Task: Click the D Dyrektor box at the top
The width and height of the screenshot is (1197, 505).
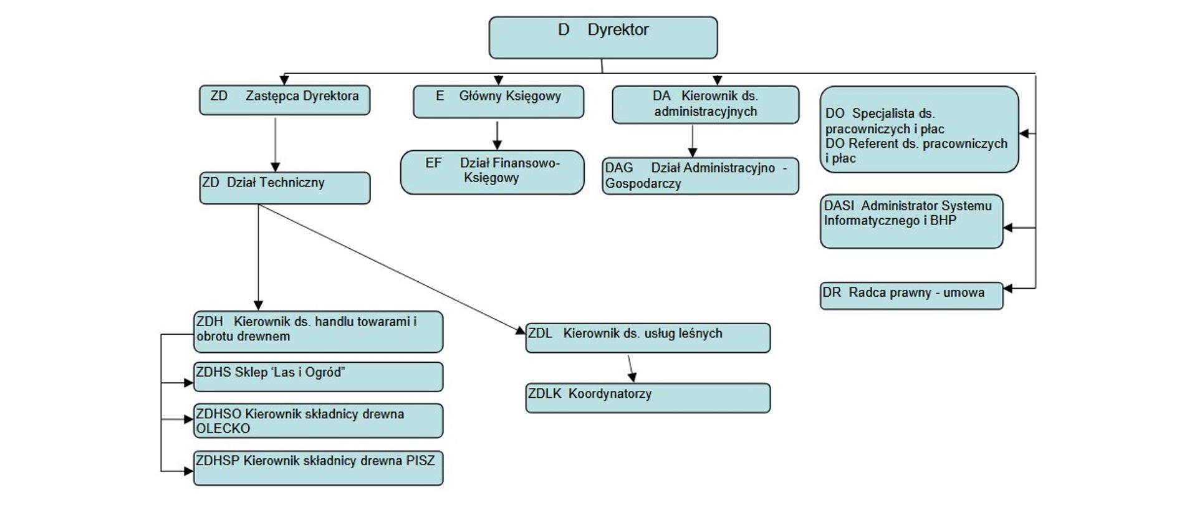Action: tap(603, 38)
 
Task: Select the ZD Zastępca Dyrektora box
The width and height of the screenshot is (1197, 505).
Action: tap(284, 100)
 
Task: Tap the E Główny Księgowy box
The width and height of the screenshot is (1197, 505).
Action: tap(498, 102)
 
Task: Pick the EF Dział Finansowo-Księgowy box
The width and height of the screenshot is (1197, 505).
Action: tap(492, 172)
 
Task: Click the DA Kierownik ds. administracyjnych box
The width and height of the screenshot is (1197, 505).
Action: tap(705, 105)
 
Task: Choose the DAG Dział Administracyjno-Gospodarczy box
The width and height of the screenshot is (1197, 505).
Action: tap(700, 176)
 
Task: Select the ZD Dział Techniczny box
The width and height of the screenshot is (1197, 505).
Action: tap(284, 188)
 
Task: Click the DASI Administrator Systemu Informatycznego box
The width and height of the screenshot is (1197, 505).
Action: tap(911, 221)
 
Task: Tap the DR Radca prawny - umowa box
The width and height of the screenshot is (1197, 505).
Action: tap(911, 296)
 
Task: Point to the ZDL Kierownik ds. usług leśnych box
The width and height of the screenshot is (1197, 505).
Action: tap(648, 337)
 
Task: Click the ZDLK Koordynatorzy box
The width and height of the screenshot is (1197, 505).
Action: tap(648, 398)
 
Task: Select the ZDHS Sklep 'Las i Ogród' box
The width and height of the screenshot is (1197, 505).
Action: tap(318, 377)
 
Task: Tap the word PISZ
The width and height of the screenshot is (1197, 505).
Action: tap(420, 461)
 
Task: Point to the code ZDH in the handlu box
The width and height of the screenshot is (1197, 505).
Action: tap(209, 322)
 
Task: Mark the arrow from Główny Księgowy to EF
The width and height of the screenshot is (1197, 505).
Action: tap(497, 135)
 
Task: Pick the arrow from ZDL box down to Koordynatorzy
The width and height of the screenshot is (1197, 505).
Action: tap(631, 368)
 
